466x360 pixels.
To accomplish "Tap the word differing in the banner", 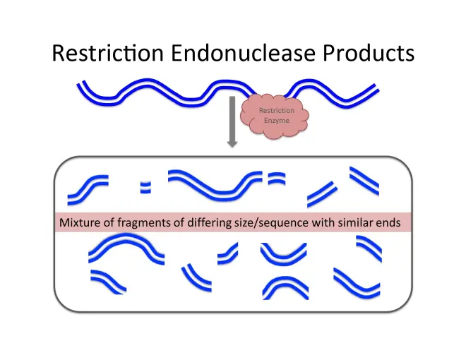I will (x=208, y=223).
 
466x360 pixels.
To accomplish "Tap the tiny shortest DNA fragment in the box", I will (x=145, y=186).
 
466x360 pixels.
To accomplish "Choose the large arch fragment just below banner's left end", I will (x=127, y=247).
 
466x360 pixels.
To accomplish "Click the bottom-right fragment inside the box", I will (x=357, y=283).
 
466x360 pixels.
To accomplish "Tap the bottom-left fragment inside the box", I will (x=107, y=282).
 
